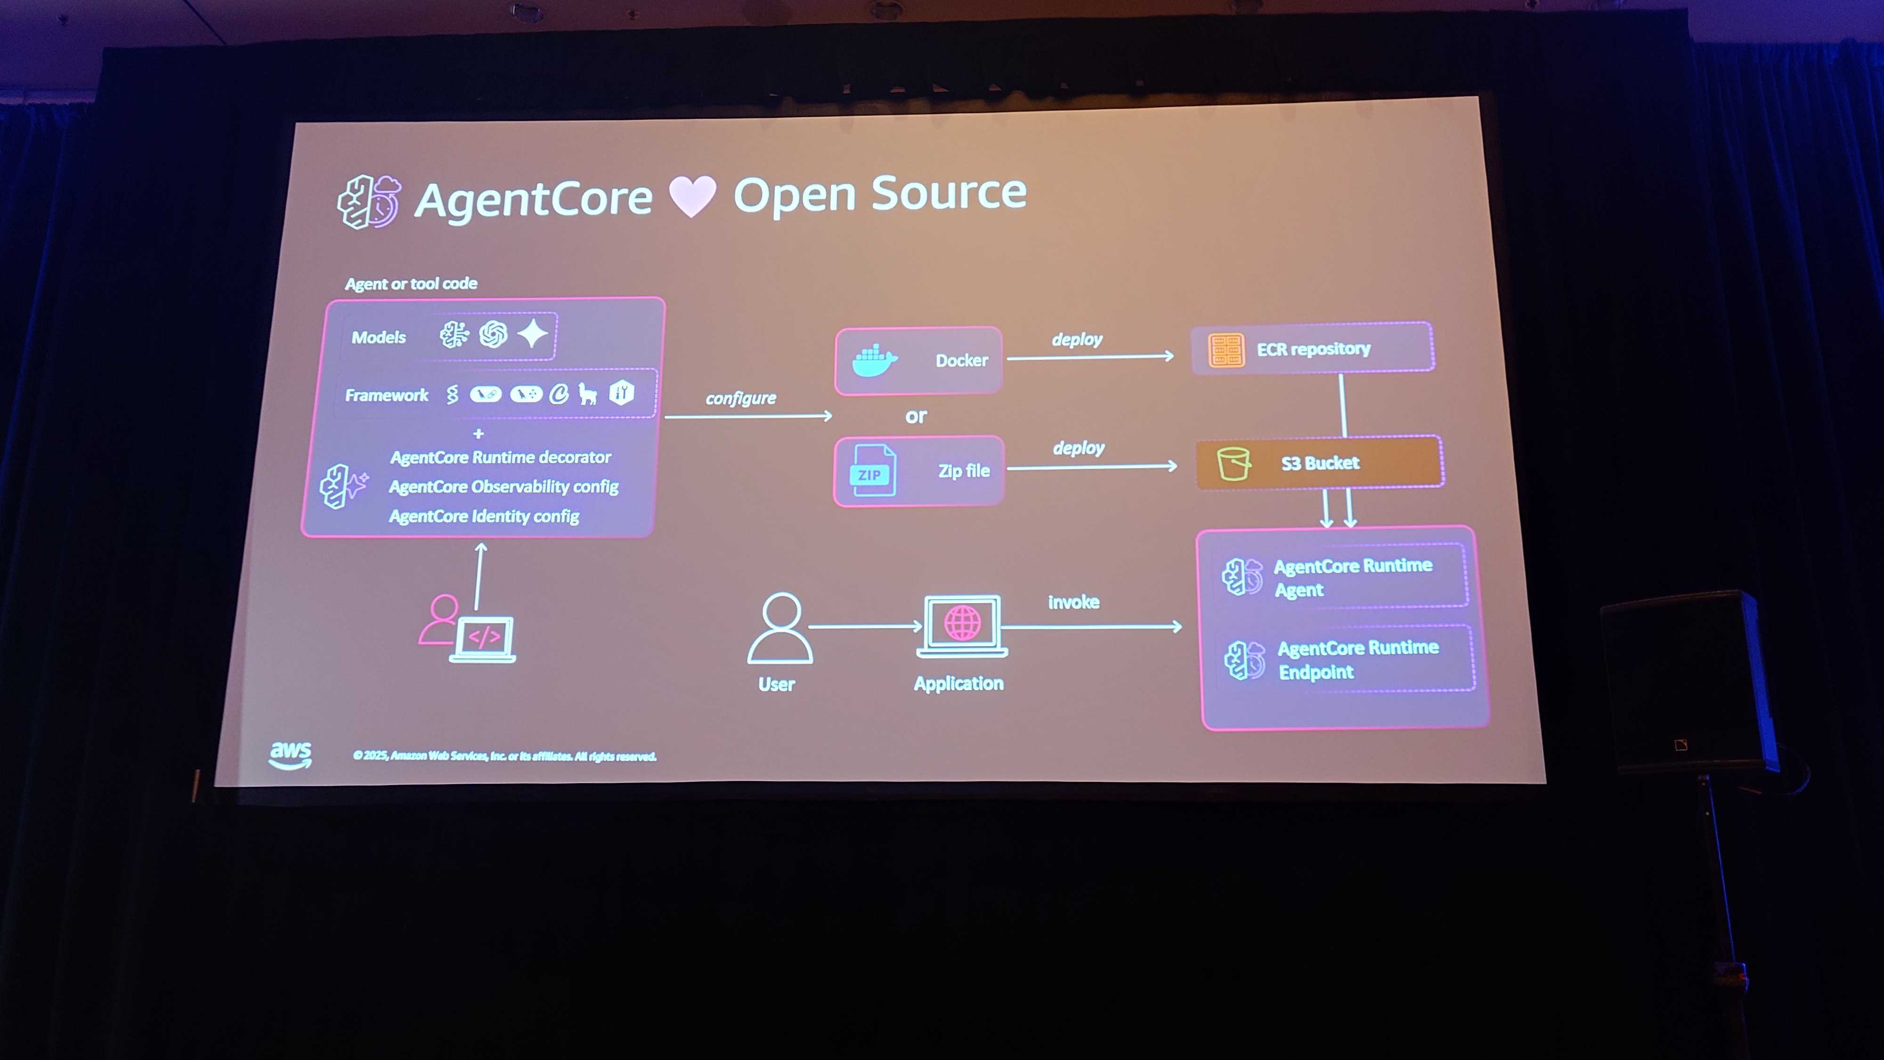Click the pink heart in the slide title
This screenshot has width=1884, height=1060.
(x=692, y=196)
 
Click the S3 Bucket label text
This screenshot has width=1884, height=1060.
(x=1320, y=463)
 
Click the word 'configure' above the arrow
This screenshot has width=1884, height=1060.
(x=740, y=399)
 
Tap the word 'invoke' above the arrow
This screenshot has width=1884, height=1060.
(x=1073, y=602)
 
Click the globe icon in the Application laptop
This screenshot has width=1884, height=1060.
(x=962, y=622)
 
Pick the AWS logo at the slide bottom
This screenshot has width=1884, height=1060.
(x=290, y=754)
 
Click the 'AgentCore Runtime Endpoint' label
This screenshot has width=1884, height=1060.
(x=1357, y=660)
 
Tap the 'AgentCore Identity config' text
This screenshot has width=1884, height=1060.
(x=484, y=516)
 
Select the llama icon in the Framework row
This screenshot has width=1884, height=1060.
(x=587, y=394)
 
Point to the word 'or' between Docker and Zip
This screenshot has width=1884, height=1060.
(x=916, y=416)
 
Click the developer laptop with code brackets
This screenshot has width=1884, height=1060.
(x=483, y=638)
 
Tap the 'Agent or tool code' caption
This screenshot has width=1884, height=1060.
(x=411, y=284)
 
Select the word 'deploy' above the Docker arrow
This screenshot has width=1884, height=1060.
(x=1077, y=339)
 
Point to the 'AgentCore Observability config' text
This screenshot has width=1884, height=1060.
(x=503, y=487)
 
